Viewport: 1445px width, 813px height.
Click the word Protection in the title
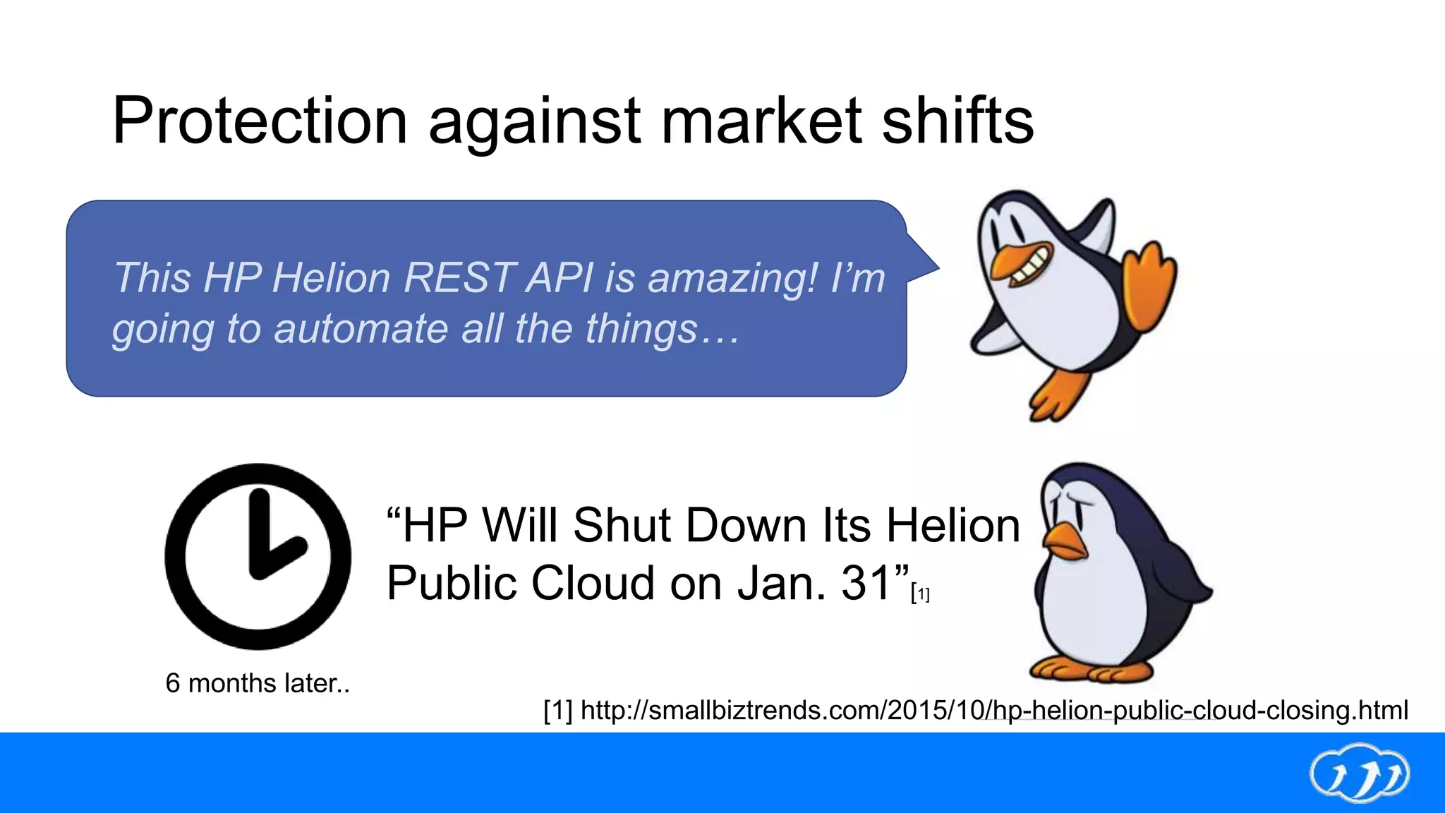tap(260, 121)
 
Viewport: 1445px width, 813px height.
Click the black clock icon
tap(258, 556)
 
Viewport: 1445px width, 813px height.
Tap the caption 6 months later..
tap(258, 683)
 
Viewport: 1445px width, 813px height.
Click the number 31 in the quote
tap(866, 584)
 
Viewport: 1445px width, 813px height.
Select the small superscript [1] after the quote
tap(920, 594)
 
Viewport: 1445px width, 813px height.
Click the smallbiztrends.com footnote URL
tap(976, 710)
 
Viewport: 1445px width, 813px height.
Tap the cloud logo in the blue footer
tap(1359, 773)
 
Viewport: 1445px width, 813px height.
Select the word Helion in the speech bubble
tap(331, 277)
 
